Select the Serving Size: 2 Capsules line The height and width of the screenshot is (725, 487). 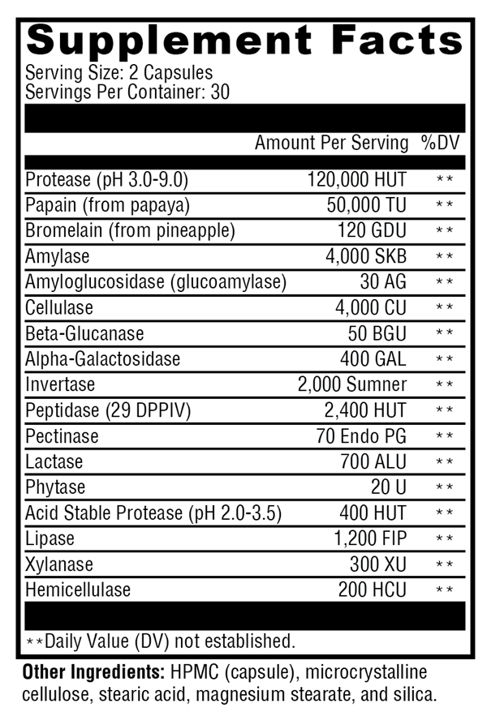pos(119,72)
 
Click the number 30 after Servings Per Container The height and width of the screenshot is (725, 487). pos(220,92)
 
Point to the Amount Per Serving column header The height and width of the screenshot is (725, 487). pos(331,143)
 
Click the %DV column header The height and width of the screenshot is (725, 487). pos(440,143)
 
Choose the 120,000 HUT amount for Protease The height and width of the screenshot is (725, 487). pos(357,179)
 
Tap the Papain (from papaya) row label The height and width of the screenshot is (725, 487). pos(107,204)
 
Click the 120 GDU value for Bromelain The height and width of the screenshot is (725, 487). pos(372,230)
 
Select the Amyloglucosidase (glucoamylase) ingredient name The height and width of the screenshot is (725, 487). pos(156,282)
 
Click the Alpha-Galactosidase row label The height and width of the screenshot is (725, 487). pos(103,359)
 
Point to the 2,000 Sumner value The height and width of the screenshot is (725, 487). pos(352,384)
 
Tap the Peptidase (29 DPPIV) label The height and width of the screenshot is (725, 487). pos(108,410)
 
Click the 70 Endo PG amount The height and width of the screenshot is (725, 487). pos(361,436)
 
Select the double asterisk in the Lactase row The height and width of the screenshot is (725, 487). pos(444,462)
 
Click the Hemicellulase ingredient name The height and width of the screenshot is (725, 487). pos(78,590)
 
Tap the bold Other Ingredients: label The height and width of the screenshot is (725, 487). pos(93,672)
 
